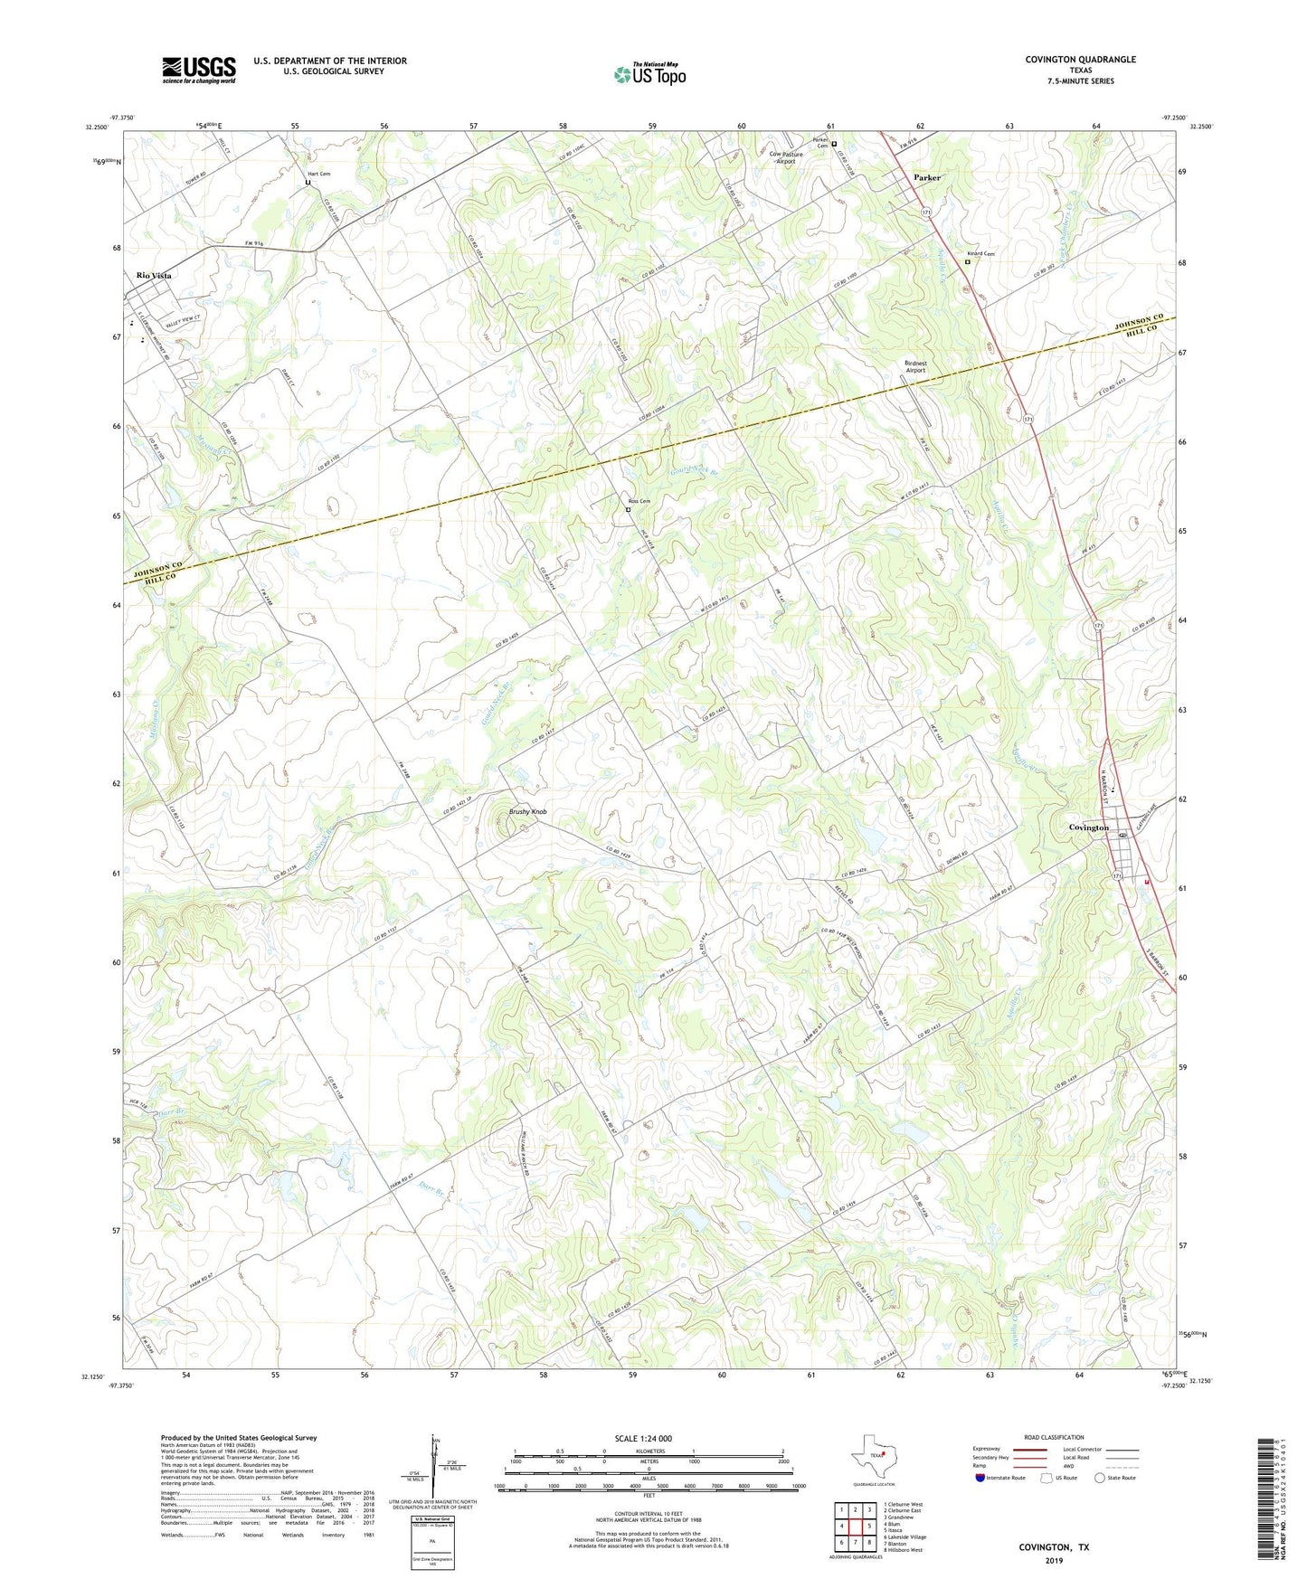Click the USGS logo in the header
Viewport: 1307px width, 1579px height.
tap(199, 70)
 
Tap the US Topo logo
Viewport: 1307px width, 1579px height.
tap(649, 74)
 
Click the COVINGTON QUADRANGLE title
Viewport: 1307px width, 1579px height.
tap(1080, 60)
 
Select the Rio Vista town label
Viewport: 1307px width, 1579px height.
tap(154, 275)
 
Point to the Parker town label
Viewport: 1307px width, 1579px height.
tap(926, 178)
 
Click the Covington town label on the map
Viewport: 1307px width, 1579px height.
tap(1088, 827)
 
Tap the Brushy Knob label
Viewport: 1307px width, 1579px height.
tap(527, 812)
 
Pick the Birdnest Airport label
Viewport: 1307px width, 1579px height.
tap(915, 367)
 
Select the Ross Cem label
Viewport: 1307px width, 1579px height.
tap(639, 501)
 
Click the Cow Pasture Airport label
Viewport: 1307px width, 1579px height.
tap(785, 157)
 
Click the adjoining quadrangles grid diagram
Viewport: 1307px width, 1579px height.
tap(855, 1528)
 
